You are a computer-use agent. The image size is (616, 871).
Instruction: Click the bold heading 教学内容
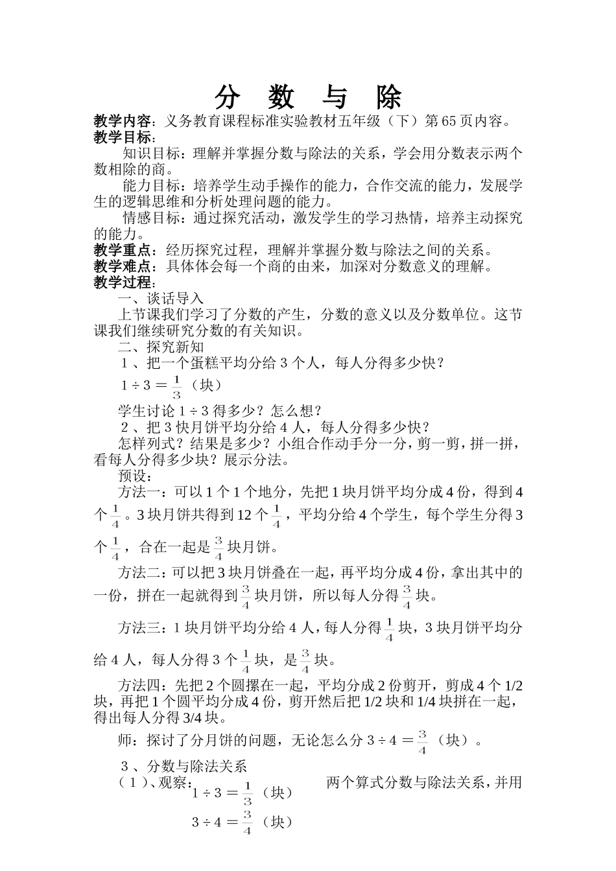pyautogui.click(x=123, y=121)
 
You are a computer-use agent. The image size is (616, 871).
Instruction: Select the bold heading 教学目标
pyautogui.click(x=123, y=137)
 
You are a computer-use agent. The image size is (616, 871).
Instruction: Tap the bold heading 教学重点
pyautogui.click(x=123, y=251)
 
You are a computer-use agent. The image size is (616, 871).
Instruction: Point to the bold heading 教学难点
pyautogui.click(x=123, y=266)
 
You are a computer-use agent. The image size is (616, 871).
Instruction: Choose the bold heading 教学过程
pyautogui.click(x=123, y=283)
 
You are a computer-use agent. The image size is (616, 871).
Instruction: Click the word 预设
pyautogui.click(x=132, y=476)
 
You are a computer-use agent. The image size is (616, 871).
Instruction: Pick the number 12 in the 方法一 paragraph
pyautogui.click(x=244, y=515)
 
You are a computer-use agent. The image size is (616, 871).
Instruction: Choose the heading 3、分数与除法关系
pyautogui.click(x=184, y=766)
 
